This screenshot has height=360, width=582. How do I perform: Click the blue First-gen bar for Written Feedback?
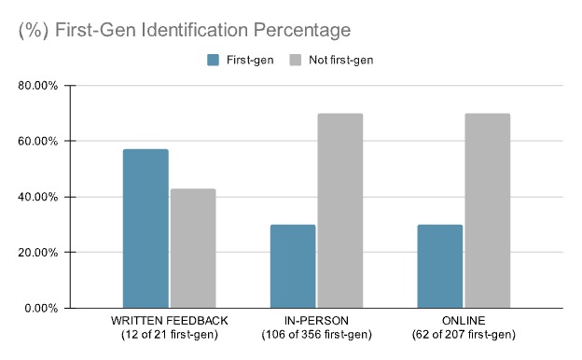pyautogui.click(x=145, y=228)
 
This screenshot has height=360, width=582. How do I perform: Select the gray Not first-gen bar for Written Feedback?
pyautogui.click(x=192, y=248)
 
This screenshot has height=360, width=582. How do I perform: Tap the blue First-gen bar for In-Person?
pyautogui.click(x=293, y=266)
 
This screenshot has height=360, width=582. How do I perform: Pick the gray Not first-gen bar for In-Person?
pyautogui.click(x=339, y=211)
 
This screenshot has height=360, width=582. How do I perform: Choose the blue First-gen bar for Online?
pyautogui.click(x=439, y=266)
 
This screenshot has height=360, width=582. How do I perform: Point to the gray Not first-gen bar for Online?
pyautogui.click(x=487, y=211)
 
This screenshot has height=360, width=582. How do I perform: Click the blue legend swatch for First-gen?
pyautogui.click(x=213, y=60)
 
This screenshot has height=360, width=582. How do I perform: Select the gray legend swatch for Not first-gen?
pyautogui.click(x=295, y=60)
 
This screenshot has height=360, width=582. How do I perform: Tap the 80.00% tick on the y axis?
pyautogui.click(x=38, y=86)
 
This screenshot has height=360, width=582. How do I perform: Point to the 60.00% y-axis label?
pyautogui.click(x=38, y=142)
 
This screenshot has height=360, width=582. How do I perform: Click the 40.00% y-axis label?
pyautogui.click(x=38, y=197)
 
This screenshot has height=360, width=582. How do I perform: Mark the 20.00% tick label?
pyautogui.click(x=38, y=252)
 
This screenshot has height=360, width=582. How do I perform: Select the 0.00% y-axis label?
pyautogui.click(x=41, y=308)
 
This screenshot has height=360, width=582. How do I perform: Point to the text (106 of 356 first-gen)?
pyautogui.click(x=316, y=335)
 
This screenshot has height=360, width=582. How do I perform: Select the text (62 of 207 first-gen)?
pyautogui.click(x=463, y=335)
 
